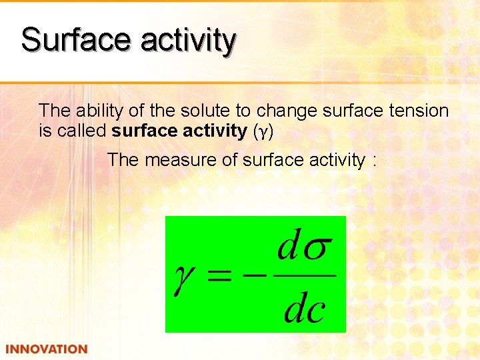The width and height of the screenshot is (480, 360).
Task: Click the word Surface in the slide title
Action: coord(76,39)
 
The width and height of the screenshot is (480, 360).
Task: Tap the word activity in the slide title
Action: coord(188,41)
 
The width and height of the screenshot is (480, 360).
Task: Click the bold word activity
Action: coord(215,131)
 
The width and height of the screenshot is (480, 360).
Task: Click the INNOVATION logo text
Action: coord(47,349)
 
